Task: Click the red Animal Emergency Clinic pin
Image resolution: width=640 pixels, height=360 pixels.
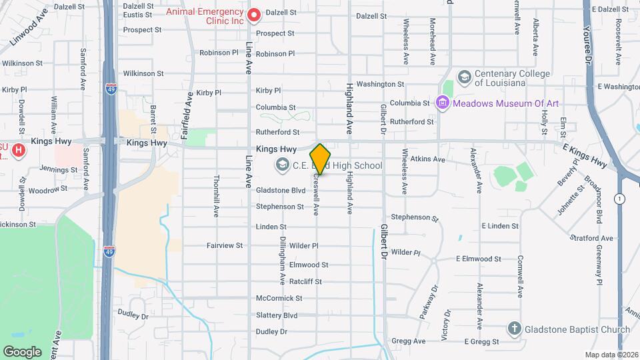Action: coord(253,15)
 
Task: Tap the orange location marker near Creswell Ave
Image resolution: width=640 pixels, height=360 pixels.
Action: coord(321,159)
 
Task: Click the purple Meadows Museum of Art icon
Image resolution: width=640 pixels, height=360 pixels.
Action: coord(441,103)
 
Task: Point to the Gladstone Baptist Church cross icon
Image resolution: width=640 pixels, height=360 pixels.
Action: coord(514,328)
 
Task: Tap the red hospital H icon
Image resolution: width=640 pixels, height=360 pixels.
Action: coord(19,150)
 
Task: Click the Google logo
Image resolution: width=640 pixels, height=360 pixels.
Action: coord(22,351)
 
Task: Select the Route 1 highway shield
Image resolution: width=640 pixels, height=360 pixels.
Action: coord(621,199)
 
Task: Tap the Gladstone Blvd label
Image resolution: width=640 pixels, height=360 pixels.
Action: coord(281,190)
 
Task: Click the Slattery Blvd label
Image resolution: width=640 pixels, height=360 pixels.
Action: coord(277,315)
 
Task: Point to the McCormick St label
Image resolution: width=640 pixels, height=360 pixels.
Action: coord(279,298)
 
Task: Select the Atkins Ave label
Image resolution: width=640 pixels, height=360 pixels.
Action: coord(427,159)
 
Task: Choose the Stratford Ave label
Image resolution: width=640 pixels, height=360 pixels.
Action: coord(591,238)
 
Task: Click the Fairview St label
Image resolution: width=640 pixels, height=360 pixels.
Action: coord(225,246)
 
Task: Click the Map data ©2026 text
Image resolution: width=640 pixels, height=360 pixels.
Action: coord(611,355)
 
